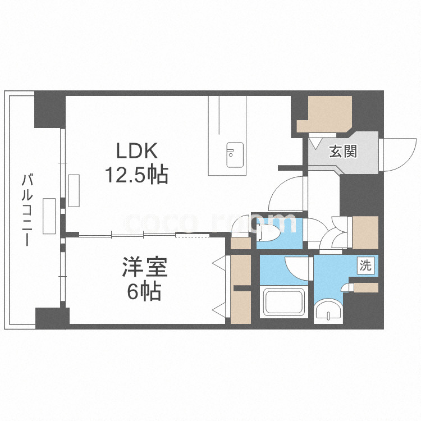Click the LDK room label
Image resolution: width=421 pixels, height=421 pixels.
(x=139, y=152)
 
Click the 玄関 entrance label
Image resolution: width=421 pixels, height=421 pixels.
(x=343, y=151)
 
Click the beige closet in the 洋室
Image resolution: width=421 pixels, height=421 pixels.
(x=241, y=290)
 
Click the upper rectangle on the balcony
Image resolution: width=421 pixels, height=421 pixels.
(x=74, y=191)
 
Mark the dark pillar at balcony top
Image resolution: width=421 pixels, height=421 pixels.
(x=47, y=110)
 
